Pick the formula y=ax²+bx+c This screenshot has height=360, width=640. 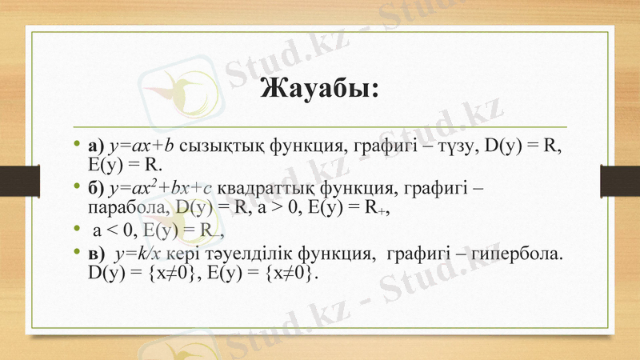161,188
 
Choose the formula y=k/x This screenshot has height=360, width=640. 138,255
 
